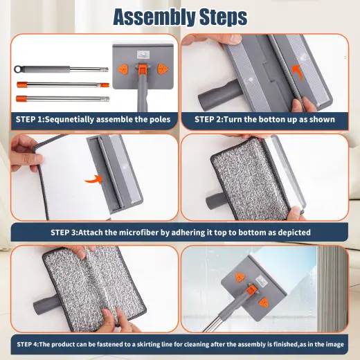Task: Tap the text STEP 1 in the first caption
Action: click(30, 119)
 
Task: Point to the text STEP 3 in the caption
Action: click(69, 232)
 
